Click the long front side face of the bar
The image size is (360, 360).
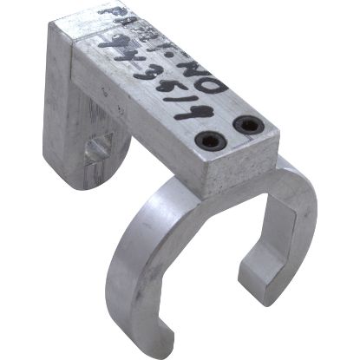(147, 130)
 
